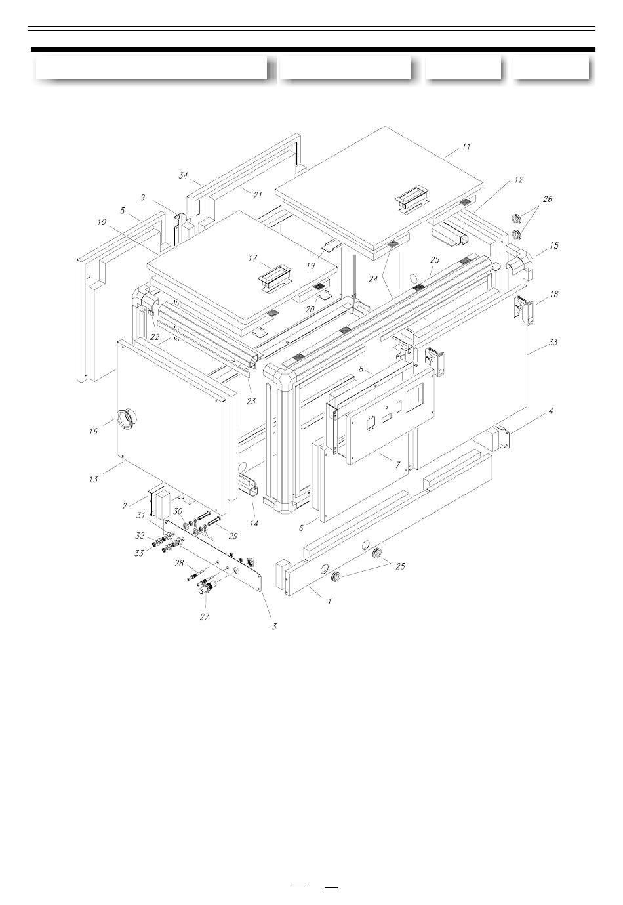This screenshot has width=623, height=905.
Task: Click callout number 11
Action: pyautogui.click(x=466, y=146)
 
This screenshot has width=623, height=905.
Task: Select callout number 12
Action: pyautogui.click(x=519, y=180)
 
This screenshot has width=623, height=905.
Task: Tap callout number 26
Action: pyautogui.click(x=547, y=200)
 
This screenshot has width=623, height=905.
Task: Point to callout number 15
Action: pyautogui.click(x=554, y=245)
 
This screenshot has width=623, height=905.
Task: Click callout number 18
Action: pyautogui.click(x=554, y=294)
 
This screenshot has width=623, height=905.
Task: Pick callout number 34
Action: pyautogui.click(x=184, y=175)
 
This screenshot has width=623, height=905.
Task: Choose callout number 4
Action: pyautogui.click(x=550, y=411)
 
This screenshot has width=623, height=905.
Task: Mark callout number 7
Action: pyautogui.click(x=397, y=465)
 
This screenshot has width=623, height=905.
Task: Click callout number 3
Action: pyautogui.click(x=274, y=627)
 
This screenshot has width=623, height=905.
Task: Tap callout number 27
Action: pyautogui.click(x=205, y=616)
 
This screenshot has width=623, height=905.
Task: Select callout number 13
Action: pyautogui.click(x=93, y=480)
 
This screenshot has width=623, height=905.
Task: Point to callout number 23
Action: pyautogui.click(x=251, y=402)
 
